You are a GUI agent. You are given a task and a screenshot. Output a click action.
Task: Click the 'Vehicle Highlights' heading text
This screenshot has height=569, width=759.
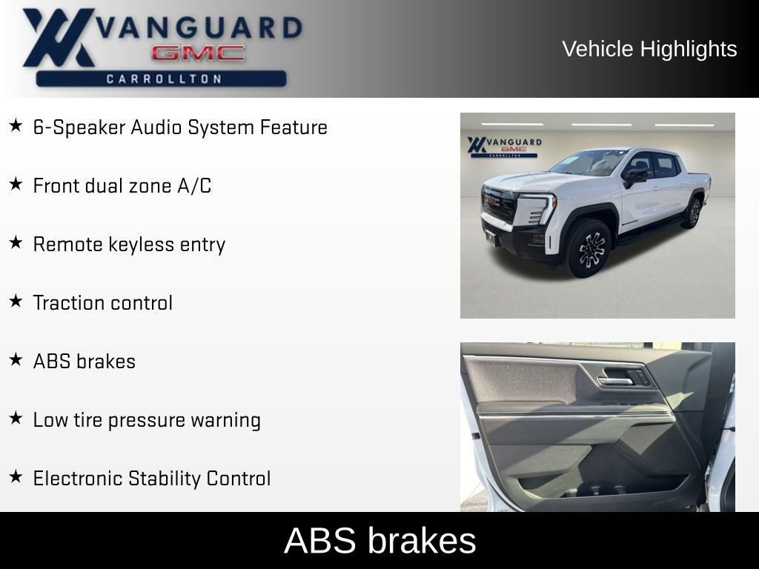click(x=649, y=49)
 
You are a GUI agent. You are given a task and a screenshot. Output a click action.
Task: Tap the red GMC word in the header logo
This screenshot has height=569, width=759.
click(x=198, y=53)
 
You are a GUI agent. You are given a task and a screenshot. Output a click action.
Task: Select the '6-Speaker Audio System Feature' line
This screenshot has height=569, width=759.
click(x=180, y=127)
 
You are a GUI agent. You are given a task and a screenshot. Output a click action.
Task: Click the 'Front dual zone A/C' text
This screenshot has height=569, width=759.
click(x=122, y=186)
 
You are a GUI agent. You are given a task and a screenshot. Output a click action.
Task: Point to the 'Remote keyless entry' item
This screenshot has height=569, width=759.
click(x=129, y=244)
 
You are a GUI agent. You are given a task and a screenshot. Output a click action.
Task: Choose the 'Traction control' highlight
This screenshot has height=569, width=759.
click(x=103, y=303)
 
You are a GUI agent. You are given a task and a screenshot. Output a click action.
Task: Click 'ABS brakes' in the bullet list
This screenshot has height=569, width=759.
click(x=84, y=362)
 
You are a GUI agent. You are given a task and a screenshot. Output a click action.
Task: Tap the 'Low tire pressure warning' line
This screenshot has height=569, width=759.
click(x=147, y=420)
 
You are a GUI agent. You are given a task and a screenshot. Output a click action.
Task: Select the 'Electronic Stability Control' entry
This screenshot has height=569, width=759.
click(x=152, y=479)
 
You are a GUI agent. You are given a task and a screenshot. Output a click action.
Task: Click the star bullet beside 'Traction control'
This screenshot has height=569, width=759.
click(x=16, y=301)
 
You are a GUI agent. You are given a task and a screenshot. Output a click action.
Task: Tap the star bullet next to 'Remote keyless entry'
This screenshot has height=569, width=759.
click(x=16, y=242)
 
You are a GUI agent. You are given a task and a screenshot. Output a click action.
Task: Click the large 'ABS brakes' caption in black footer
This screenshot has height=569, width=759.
click(x=379, y=541)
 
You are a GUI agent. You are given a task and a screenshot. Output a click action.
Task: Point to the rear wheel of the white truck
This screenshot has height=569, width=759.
click(x=693, y=213)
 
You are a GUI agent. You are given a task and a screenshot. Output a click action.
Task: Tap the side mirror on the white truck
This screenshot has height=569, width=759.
click(x=635, y=176)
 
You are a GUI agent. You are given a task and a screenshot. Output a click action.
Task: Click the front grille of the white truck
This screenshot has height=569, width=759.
click(x=498, y=203)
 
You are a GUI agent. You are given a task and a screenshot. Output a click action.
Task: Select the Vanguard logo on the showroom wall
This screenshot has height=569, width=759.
click(x=504, y=146)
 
